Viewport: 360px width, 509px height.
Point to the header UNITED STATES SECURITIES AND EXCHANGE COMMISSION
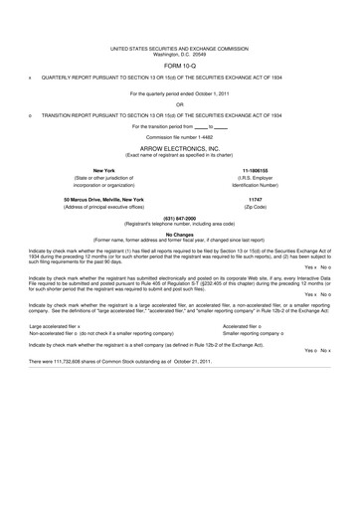click(179, 46)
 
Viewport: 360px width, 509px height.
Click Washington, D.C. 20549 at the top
click(179, 52)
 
